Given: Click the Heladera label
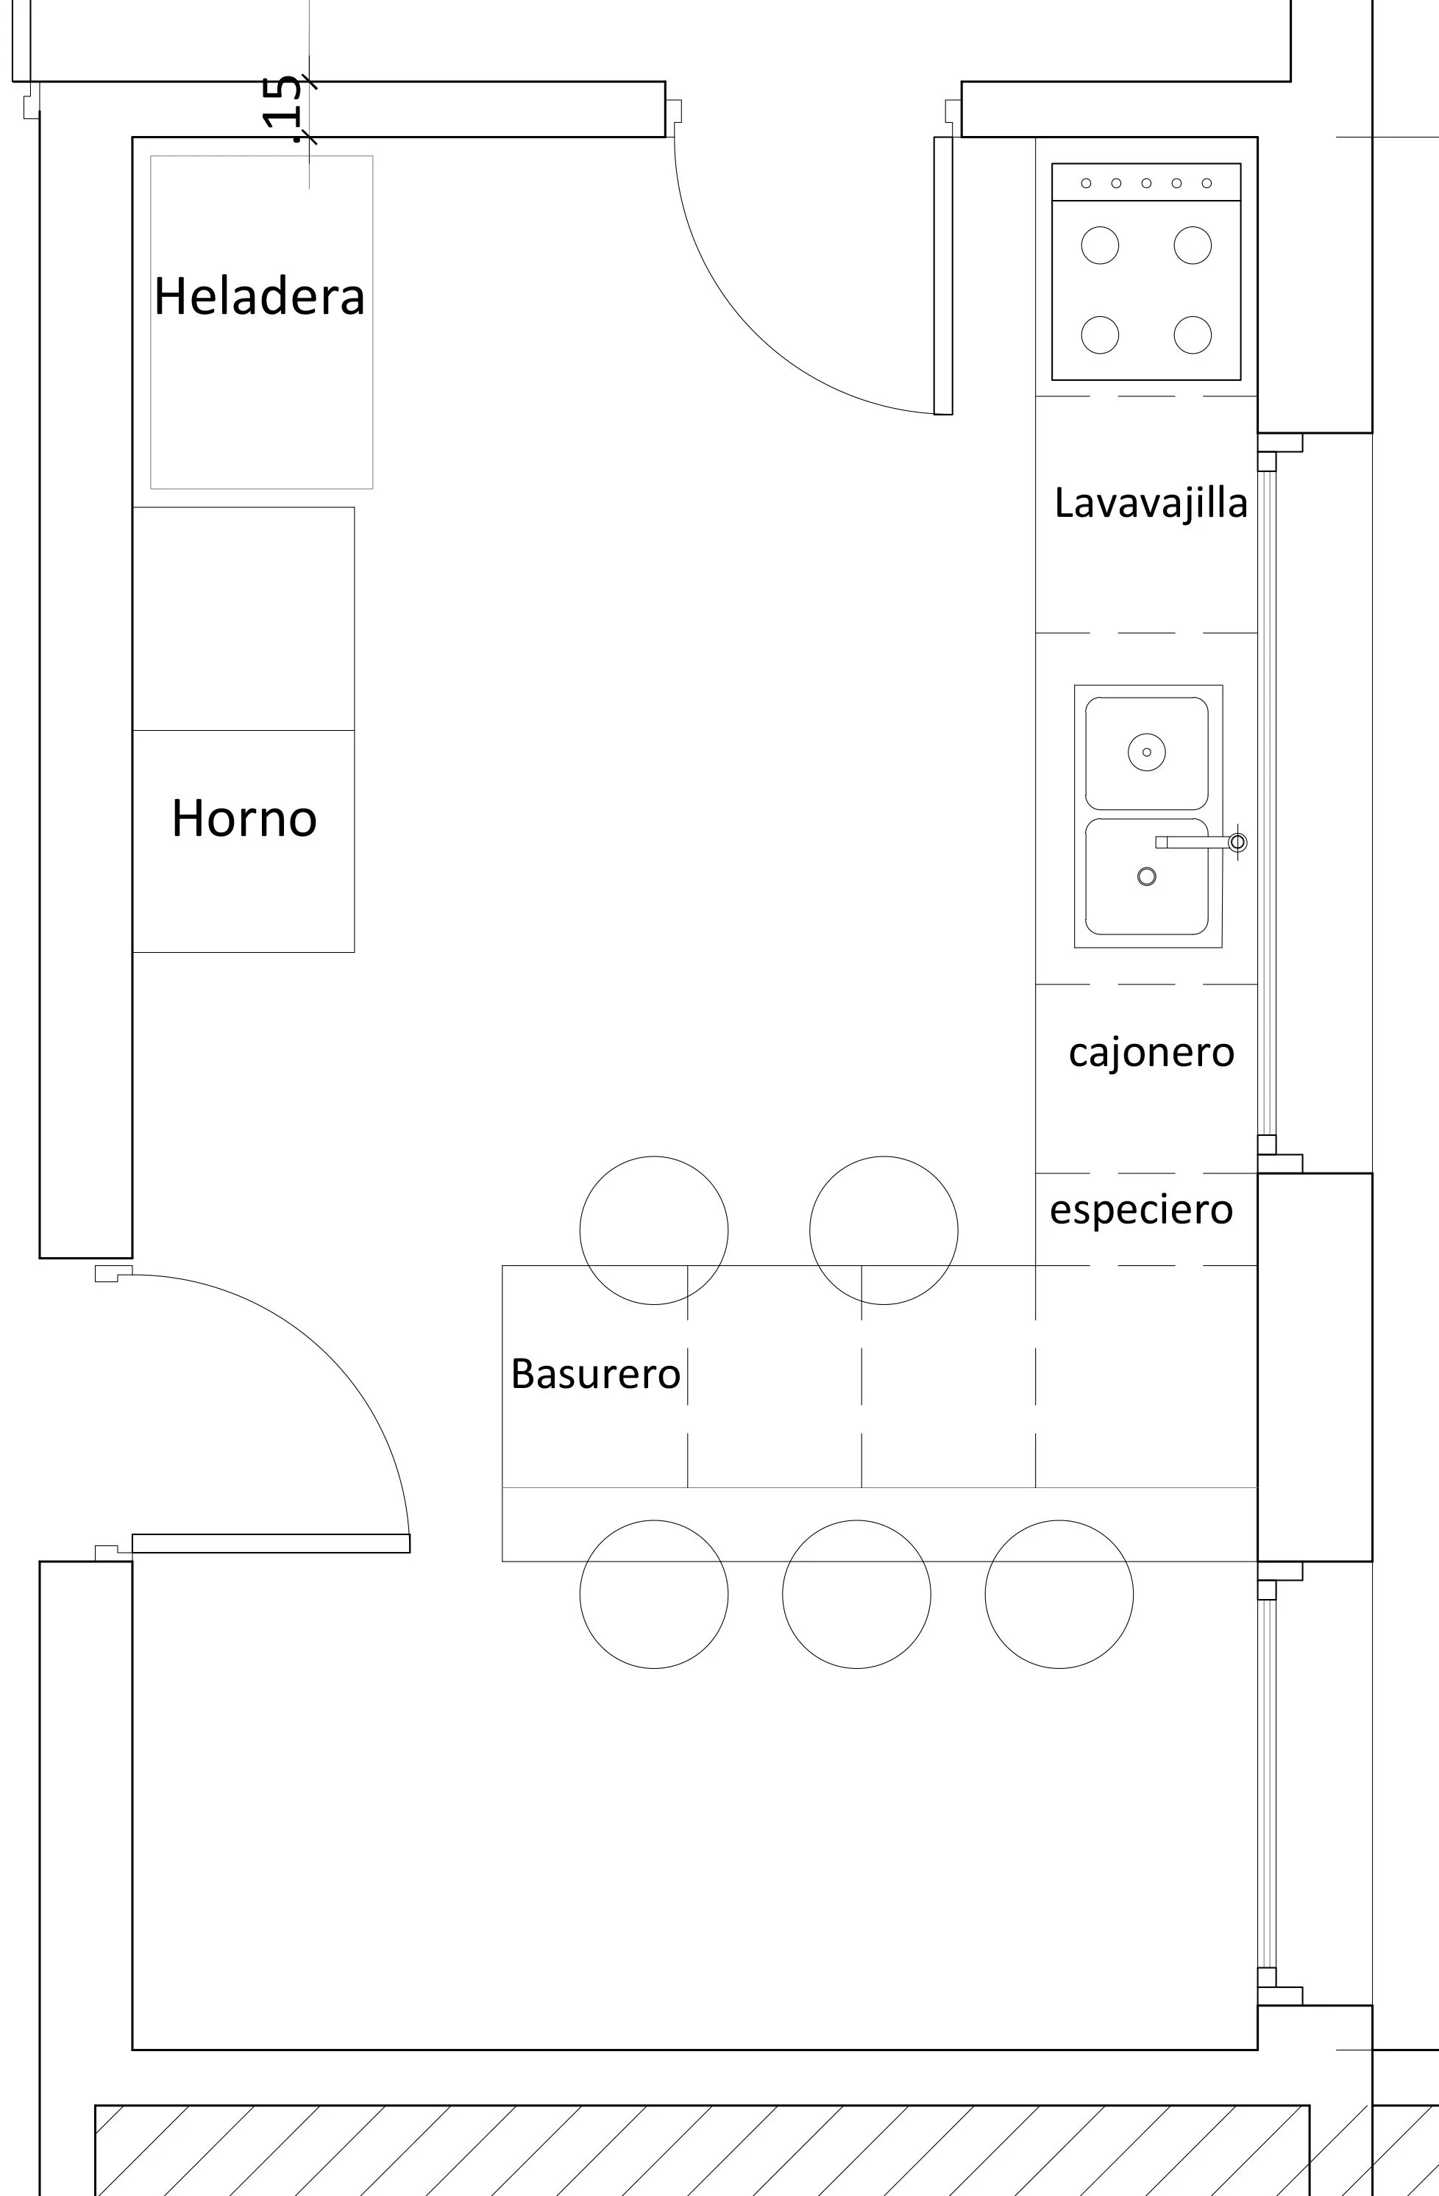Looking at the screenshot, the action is (x=260, y=296).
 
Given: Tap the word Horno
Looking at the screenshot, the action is (x=244, y=818).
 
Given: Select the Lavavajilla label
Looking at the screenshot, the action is (x=1151, y=504).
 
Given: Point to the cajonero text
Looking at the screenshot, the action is (x=1151, y=1053).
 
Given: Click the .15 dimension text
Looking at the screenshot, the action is (x=282, y=109).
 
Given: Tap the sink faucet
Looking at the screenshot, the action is (x=1200, y=842).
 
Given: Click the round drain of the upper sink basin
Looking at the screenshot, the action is (x=1146, y=752).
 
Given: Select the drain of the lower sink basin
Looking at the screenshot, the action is (x=1146, y=876).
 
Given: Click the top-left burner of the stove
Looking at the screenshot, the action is (x=1099, y=246).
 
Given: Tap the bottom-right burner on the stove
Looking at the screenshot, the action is (x=1193, y=335).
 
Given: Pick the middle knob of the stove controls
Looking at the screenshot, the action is (x=1146, y=182).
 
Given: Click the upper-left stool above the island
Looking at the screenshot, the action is (x=653, y=1230).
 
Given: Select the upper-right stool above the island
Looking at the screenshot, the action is (x=884, y=1230).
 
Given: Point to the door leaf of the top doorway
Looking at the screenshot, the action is (x=942, y=276).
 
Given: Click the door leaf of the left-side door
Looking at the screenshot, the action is (x=271, y=1542).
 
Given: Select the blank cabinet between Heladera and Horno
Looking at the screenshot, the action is (x=244, y=618).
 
